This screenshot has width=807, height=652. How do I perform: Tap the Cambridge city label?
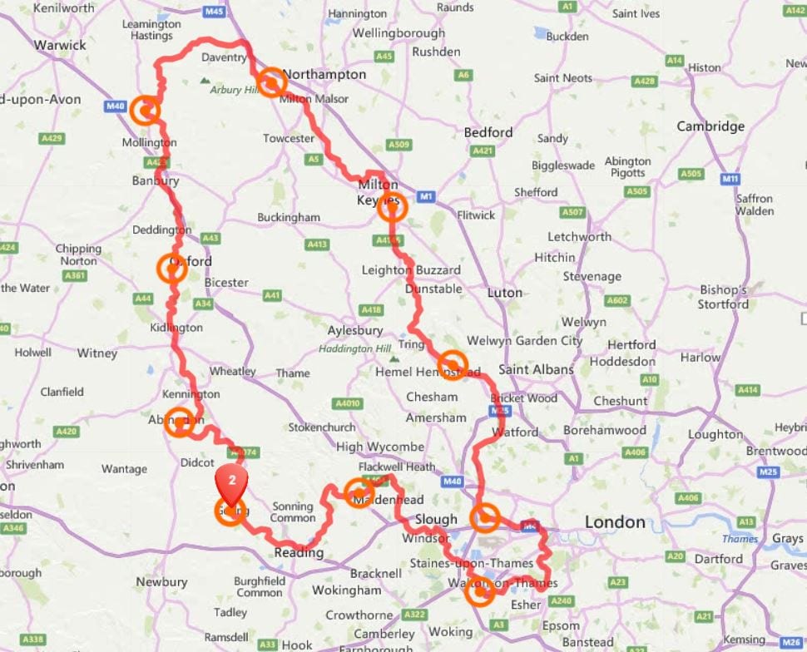coord(710,126)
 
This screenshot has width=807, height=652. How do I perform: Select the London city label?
coord(615,522)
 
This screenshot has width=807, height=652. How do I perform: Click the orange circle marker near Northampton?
coord(270,82)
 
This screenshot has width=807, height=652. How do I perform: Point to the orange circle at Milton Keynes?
coord(392,207)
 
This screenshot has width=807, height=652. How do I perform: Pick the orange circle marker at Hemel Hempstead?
coord(452,365)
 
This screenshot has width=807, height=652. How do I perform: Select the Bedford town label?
coord(488,132)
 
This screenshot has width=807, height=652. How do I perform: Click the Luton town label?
coord(504,293)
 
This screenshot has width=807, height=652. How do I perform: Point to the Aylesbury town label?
coord(355,330)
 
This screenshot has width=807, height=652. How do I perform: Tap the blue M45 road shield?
coord(214,12)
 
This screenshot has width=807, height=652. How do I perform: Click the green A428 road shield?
coord(644,81)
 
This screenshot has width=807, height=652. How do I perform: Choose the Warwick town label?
coord(60,45)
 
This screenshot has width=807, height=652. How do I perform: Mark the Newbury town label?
coord(161,582)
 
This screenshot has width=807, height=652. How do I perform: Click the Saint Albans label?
coord(536,369)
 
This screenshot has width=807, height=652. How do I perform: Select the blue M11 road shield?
coord(730,179)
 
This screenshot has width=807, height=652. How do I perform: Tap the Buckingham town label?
coord(289,217)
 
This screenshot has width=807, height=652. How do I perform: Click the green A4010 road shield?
coord(347,403)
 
